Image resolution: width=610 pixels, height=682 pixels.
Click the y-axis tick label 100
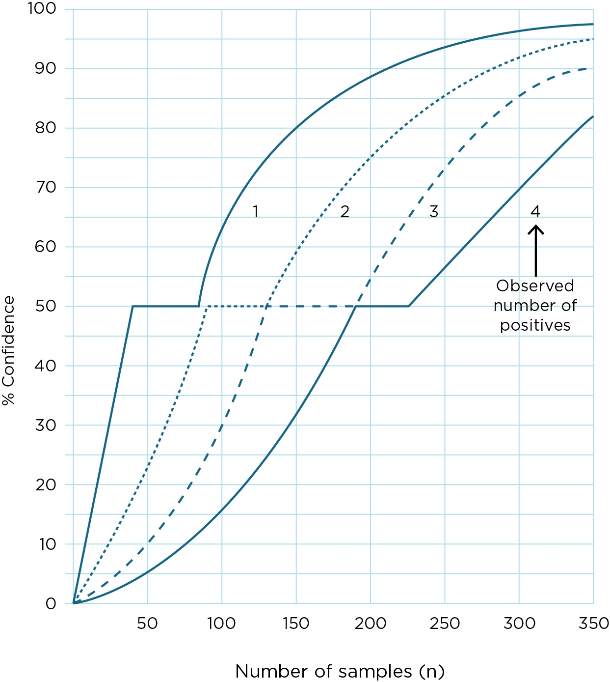click(x=42, y=9)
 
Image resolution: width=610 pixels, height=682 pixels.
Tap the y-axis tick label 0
click(x=51, y=604)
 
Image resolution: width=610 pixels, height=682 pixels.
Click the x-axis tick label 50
click(x=147, y=624)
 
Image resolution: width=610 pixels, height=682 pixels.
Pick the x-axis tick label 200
click(x=371, y=624)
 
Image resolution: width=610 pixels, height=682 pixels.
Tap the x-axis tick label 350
click(x=594, y=624)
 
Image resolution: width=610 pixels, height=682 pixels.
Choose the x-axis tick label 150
click(x=296, y=624)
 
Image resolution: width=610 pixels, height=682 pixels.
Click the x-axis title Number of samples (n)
click(x=340, y=671)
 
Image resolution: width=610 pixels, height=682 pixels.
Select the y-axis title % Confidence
click(x=9, y=351)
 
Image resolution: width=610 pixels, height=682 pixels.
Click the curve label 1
click(x=255, y=211)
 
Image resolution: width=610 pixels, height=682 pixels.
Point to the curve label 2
click(x=345, y=212)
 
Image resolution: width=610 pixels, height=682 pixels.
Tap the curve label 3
click(x=434, y=212)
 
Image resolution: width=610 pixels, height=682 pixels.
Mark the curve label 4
click(x=535, y=212)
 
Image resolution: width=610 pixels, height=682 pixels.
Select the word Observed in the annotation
click(x=535, y=285)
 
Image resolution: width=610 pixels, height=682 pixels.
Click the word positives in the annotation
click(x=535, y=325)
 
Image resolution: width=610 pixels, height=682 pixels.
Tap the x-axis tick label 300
click(x=519, y=624)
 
